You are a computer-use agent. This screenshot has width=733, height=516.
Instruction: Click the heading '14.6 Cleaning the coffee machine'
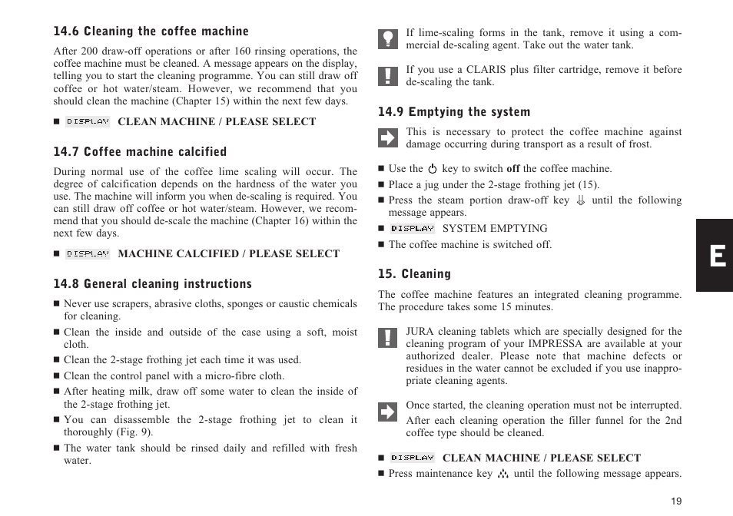pos(151,31)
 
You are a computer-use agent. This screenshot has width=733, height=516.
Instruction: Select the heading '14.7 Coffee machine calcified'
pos(140,152)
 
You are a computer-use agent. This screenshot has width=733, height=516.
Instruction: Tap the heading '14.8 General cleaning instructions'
pos(152,284)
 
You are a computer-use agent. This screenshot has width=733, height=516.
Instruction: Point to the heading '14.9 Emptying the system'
pos(454,112)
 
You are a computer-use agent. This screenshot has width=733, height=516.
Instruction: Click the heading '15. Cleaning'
pos(414,274)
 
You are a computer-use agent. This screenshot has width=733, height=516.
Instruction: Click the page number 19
pos(675,501)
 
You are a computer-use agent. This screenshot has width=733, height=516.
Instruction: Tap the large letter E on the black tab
pos(716,256)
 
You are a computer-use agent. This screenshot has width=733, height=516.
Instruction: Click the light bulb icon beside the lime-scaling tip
pos(388,39)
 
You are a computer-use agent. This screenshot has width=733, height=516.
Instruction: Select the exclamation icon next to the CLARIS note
pos(388,75)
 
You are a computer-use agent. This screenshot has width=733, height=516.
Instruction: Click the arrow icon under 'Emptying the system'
pos(388,137)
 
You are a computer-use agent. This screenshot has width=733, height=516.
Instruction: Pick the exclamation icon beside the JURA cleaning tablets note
pos(388,337)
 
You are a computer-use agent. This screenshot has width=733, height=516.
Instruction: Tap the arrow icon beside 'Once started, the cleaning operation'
pos(388,412)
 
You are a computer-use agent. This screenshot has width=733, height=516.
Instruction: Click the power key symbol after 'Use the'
pos(433,169)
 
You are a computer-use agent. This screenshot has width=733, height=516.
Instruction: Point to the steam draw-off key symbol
pos(581,201)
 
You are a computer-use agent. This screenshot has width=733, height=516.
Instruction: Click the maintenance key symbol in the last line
pos(503,474)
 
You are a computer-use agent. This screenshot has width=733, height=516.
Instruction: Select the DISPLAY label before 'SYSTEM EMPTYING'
pos(413,229)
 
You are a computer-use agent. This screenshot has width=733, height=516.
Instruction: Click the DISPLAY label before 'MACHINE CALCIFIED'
pos(88,254)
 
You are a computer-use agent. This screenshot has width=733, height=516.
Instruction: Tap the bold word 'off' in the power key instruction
pos(512,169)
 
